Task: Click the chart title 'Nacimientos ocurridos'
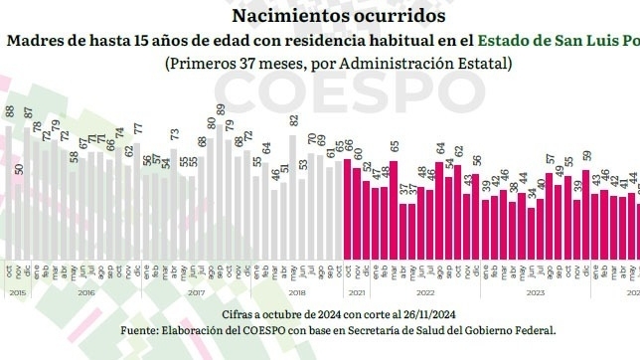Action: pos(319,16)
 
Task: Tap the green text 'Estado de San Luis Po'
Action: pos(558,41)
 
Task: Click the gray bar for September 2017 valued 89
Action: pos(220,178)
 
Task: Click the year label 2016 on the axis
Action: pos(85,293)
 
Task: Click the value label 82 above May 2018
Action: pos(294,120)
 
